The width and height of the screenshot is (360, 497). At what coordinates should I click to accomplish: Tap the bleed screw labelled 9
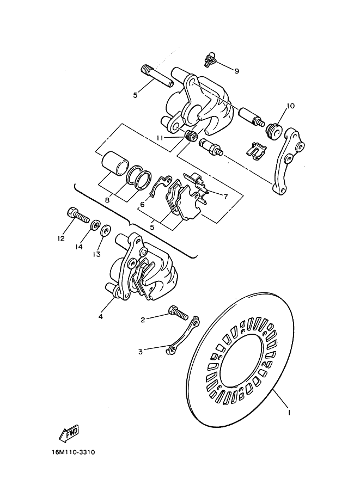(209, 61)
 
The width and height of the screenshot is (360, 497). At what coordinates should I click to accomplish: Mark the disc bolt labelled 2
(179, 313)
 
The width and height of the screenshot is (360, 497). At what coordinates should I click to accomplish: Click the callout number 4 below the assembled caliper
(100, 315)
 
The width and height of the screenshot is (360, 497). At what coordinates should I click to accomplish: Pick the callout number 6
(142, 205)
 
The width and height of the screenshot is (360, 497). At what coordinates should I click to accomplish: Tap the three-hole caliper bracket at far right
(286, 161)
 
